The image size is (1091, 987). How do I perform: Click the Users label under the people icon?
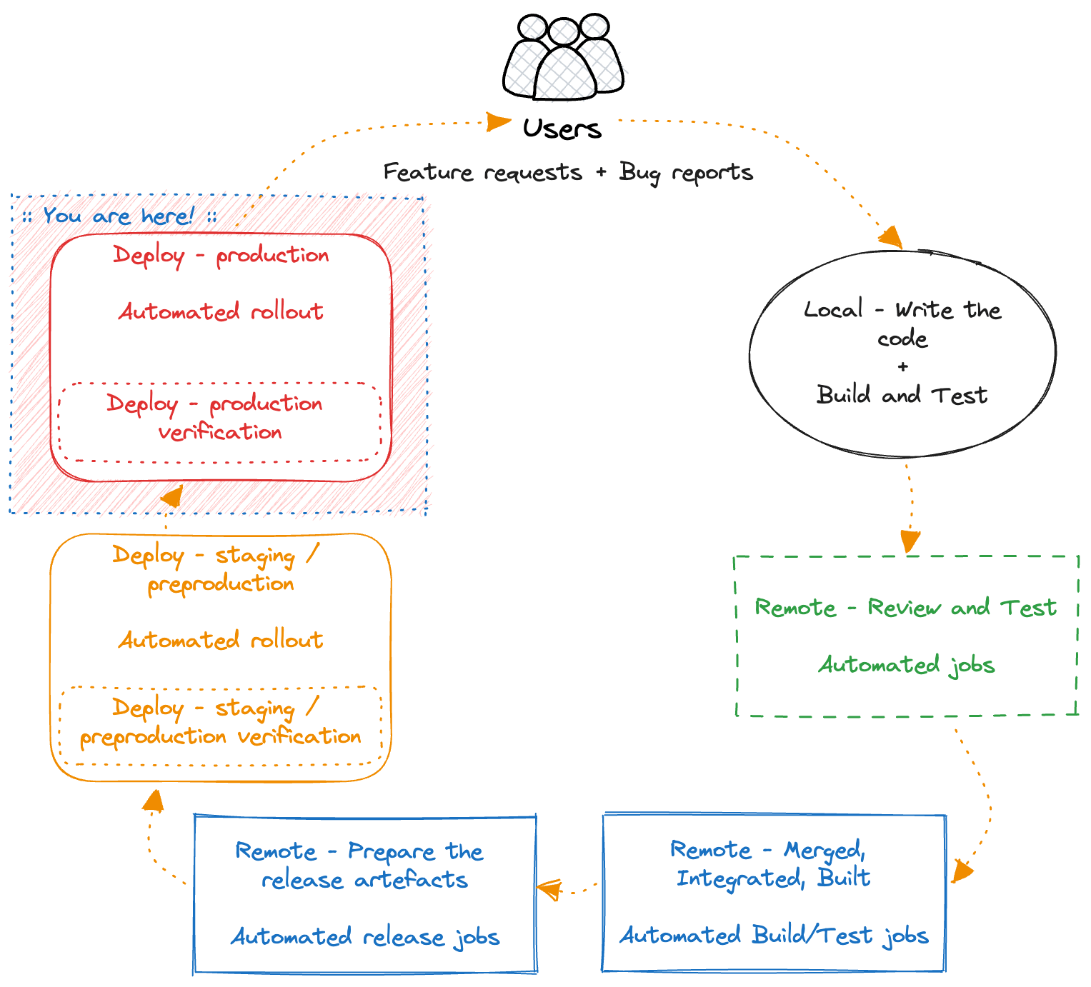point(562,129)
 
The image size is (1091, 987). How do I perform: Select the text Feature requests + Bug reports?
point(568,172)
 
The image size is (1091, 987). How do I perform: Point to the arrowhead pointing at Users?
point(498,121)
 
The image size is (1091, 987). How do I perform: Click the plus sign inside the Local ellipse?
point(903,366)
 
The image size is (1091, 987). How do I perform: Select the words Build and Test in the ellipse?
point(902,395)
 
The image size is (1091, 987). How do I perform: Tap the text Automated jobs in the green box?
point(906,665)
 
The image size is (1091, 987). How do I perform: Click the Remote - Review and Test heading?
point(905,608)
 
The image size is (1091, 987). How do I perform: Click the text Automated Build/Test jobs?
point(774,935)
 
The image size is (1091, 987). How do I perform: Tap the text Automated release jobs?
point(364,936)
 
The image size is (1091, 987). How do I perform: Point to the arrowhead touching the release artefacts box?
point(549,890)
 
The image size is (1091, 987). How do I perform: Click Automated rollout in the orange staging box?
point(221,640)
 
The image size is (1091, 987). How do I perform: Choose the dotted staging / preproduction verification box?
point(221,725)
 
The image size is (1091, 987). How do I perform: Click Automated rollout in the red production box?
point(221,311)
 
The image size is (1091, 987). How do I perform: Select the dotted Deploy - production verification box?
point(220,422)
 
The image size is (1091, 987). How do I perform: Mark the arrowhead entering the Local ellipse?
point(891,237)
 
